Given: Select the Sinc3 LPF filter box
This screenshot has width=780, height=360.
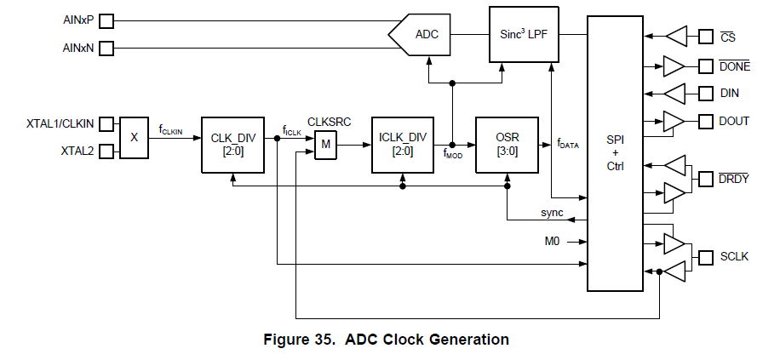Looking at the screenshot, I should [x=521, y=34].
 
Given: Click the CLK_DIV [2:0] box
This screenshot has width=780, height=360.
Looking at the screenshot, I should [x=232, y=144].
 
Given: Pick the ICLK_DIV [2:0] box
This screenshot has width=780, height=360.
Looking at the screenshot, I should [x=404, y=144].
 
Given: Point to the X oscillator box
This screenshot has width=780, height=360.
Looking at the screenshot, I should [x=134, y=137].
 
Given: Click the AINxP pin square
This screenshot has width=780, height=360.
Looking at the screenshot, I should [x=106, y=20].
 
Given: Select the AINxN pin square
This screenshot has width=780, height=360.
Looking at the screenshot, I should [x=106, y=49].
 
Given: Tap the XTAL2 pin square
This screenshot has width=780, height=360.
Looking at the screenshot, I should [x=106, y=151].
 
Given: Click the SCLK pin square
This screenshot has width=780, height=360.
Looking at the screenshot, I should [x=705, y=257].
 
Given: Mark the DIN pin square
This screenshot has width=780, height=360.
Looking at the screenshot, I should [x=705, y=93].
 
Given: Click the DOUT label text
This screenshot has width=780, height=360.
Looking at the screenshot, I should [x=734, y=121].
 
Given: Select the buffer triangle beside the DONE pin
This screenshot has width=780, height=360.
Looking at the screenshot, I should [x=674, y=65].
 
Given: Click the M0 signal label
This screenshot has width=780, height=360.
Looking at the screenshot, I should [x=552, y=240].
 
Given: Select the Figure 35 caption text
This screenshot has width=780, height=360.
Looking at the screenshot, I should [x=387, y=340].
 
